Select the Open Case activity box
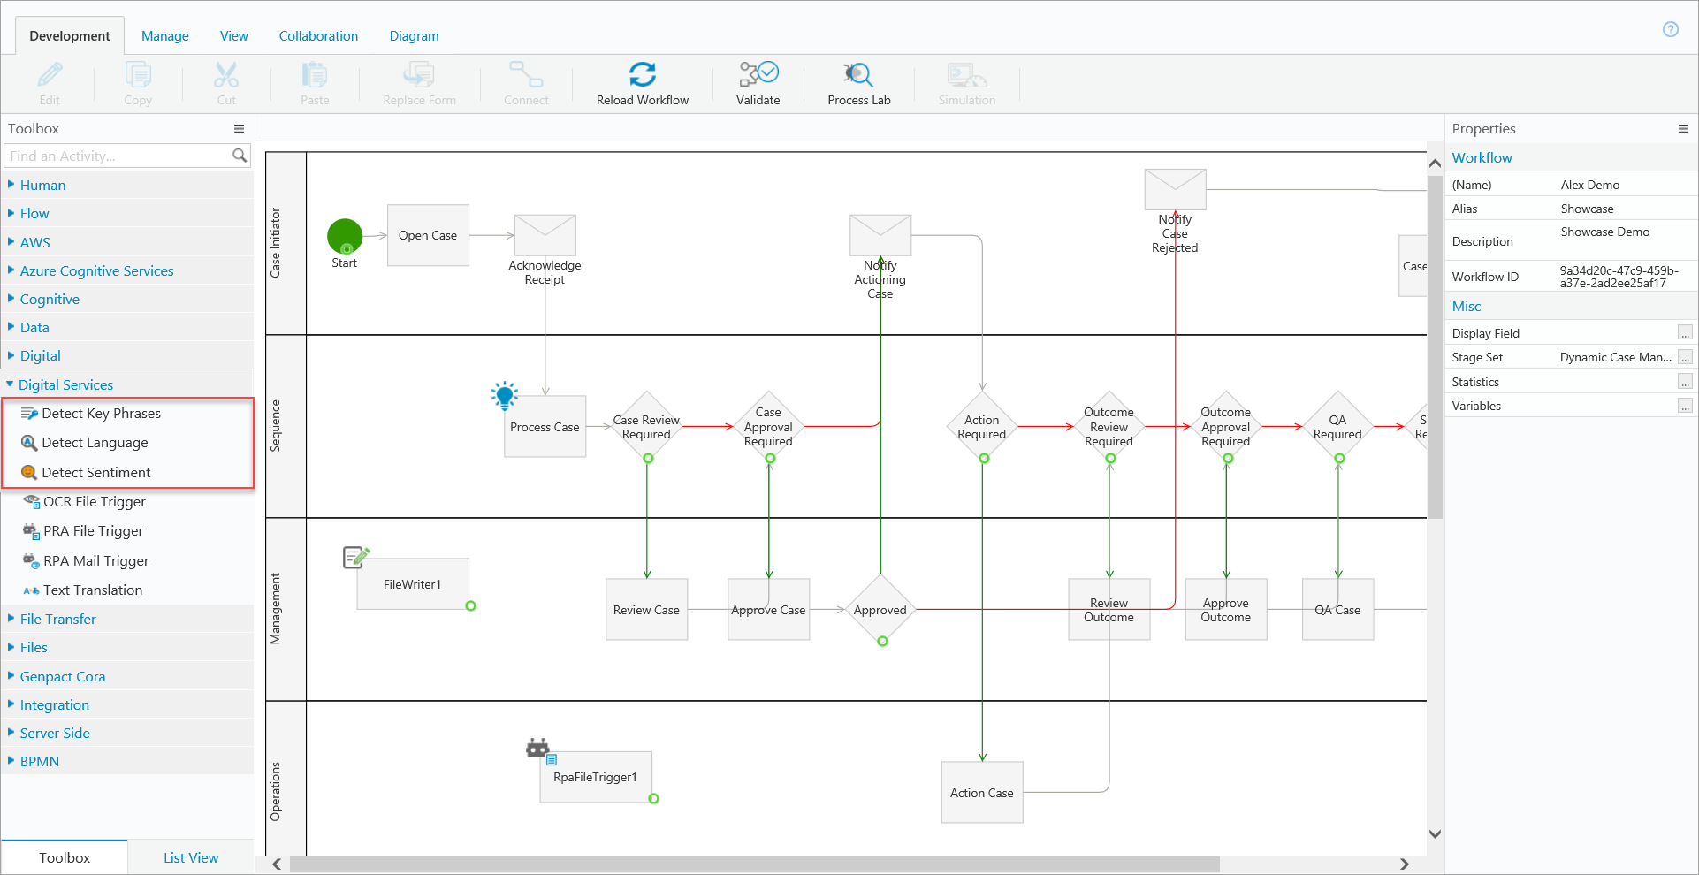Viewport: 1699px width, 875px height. (428, 236)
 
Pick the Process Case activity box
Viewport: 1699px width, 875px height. (545, 427)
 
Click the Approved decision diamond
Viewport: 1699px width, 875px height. (880, 610)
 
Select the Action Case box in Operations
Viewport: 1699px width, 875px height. (981, 793)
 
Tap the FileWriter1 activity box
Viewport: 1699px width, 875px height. (412, 584)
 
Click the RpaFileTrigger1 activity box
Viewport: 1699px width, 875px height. (595, 778)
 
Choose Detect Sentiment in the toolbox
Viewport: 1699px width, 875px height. (95, 473)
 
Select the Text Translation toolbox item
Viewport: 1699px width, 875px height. (93, 590)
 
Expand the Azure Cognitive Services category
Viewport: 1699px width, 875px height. (96, 271)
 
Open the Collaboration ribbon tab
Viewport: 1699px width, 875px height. (318, 36)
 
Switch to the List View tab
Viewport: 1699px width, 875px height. (191, 858)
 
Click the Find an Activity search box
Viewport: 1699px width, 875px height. (119, 156)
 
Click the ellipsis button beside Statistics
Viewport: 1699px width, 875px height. (1685, 383)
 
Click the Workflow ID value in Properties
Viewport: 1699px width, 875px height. (1618, 277)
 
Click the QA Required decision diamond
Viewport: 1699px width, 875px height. (1337, 427)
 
